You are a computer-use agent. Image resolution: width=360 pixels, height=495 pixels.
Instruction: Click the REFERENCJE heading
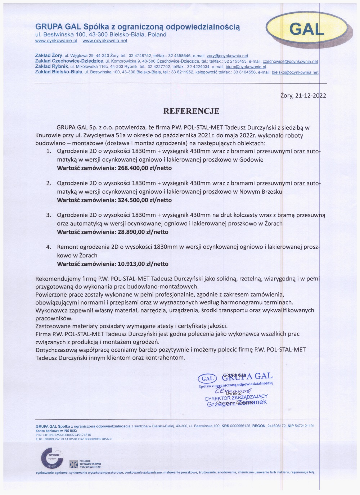pos(191,111)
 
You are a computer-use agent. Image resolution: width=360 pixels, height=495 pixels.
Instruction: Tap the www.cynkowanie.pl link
pos(56,41)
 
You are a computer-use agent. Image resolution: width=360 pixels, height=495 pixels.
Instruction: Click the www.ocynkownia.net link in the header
pos(105,41)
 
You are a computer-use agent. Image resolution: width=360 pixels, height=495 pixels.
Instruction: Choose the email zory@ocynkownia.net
pos(227,56)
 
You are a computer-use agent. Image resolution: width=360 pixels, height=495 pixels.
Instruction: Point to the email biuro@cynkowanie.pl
pos(246,67)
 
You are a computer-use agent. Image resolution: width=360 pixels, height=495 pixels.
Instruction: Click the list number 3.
pos(49,215)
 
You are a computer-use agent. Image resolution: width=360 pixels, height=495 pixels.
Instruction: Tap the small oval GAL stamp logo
pos(207,378)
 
